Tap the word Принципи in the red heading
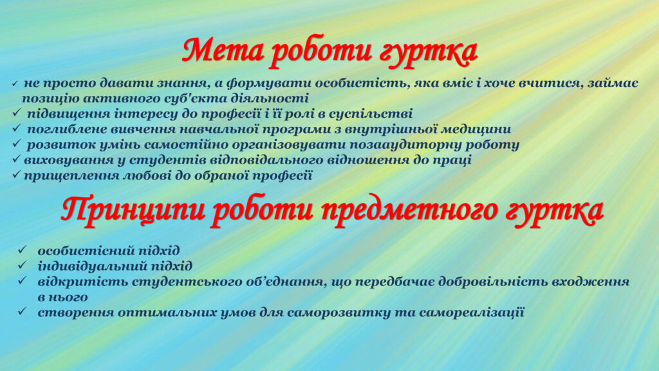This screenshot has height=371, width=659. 133,211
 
